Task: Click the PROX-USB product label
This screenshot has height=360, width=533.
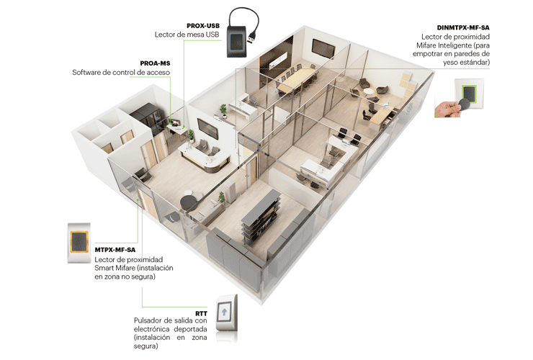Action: tap(203, 26)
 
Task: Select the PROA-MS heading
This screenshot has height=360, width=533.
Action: tap(155, 63)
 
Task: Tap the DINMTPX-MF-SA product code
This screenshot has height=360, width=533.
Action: tap(463, 28)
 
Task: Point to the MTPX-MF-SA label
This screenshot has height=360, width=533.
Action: tap(115, 250)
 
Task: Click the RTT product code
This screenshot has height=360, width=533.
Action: tap(201, 313)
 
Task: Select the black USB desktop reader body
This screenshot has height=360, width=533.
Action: tap(239, 42)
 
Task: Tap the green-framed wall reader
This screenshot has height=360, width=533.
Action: tap(469, 93)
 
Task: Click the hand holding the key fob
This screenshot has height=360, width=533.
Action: tap(447, 109)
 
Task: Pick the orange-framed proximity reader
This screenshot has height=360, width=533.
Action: tap(79, 243)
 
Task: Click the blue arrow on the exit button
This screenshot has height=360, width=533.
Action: tap(224, 312)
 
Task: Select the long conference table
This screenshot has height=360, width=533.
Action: tap(296, 80)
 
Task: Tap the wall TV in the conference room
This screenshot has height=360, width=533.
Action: tap(323, 48)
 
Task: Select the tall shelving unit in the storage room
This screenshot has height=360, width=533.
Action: tap(261, 215)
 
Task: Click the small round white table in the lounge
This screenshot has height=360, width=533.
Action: tap(369, 91)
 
